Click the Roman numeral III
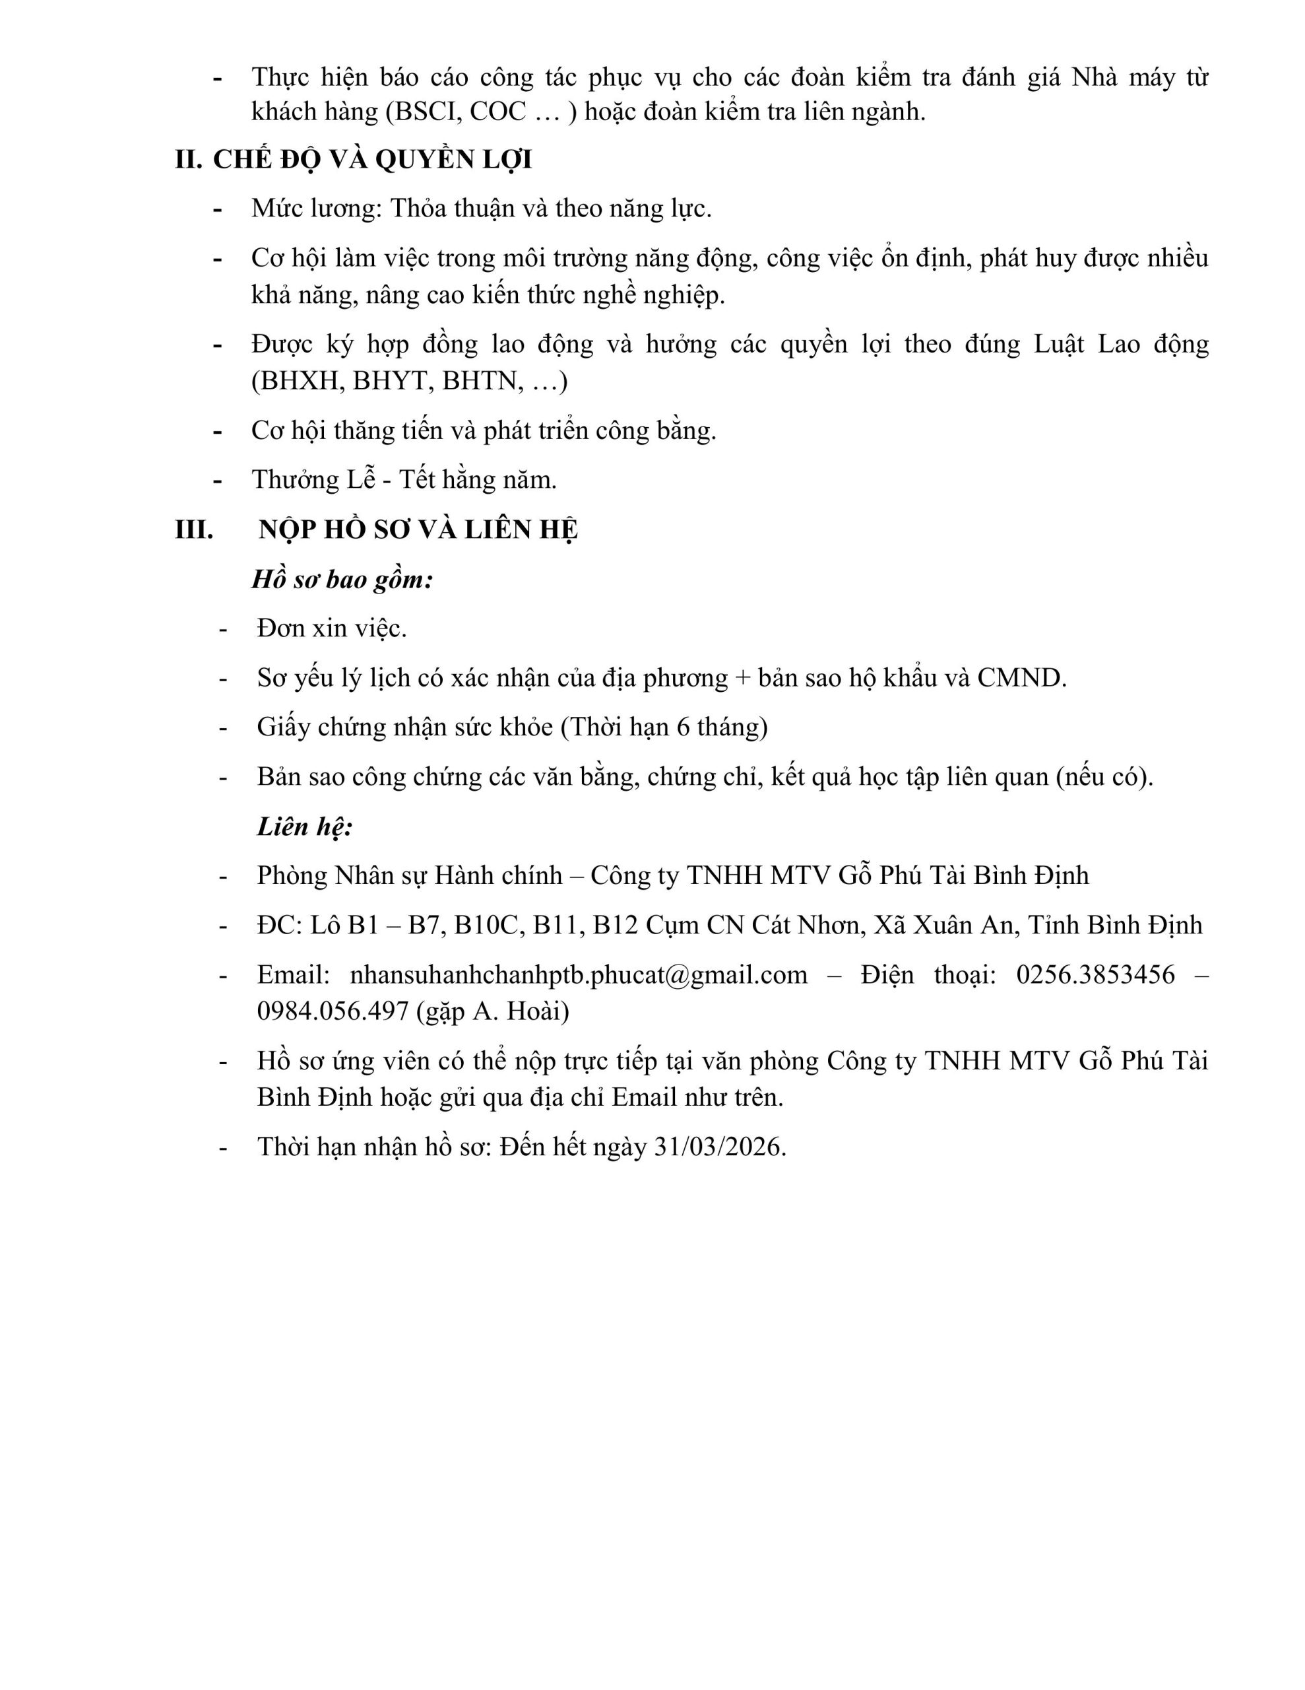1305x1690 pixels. coord(194,530)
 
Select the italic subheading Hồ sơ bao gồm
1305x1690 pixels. coord(342,580)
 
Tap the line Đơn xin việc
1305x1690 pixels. coord(332,628)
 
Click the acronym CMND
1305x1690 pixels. coord(1021,678)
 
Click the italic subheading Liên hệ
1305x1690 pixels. coord(305,827)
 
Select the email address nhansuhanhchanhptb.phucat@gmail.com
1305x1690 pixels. coord(579,975)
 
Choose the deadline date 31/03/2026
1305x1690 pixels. coord(718,1147)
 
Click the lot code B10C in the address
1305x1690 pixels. coord(484,926)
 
